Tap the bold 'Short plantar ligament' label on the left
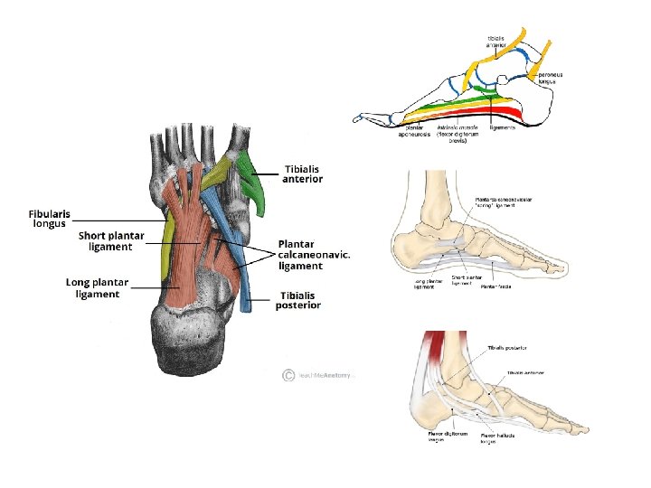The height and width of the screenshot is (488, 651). click(111, 241)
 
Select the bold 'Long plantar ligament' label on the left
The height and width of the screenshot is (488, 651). click(99, 287)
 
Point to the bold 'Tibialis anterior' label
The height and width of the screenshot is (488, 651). click(303, 174)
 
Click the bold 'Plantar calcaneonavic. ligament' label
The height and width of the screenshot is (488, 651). click(313, 255)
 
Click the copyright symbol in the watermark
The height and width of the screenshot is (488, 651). click(288, 374)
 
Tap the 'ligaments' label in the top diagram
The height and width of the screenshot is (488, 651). click(502, 127)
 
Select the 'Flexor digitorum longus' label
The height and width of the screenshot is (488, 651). click(448, 436)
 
